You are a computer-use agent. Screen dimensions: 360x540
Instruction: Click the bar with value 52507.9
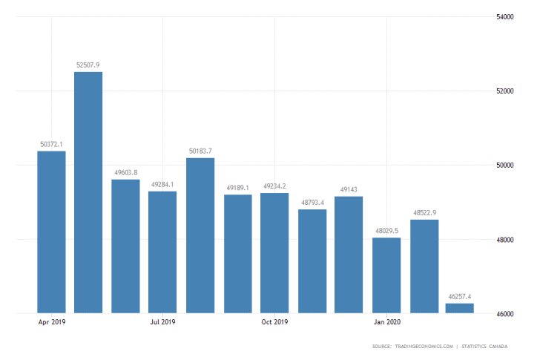click(x=88, y=192)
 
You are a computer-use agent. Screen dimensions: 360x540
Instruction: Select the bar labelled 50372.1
click(x=51, y=232)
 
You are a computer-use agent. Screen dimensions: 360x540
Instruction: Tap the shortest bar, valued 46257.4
click(x=460, y=308)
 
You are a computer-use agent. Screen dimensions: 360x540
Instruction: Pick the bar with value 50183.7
click(x=200, y=235)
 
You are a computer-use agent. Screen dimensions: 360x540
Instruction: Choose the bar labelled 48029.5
click(x=386, y=275)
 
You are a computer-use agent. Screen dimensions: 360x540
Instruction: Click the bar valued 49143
click(x=349, y=255)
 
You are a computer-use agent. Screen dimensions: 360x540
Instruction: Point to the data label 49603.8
click(x=125, y=172)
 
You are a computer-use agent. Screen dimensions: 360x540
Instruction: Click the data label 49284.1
click(x=162, y=184)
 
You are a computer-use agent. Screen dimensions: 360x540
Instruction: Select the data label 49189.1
click(x=237, y=187)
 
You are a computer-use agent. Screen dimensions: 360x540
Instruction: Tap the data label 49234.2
click(x=274, y=186)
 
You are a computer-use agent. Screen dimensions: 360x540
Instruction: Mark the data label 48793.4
click(x=312, y=202)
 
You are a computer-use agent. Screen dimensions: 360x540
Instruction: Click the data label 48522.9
click(x=424, y=212)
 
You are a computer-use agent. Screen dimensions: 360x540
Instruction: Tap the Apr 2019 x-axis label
click(x=51, y=322)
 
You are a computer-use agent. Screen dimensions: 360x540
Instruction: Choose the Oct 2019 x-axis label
click(x=274, y=322)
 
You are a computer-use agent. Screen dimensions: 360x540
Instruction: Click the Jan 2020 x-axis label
click(x=386, y=322)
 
